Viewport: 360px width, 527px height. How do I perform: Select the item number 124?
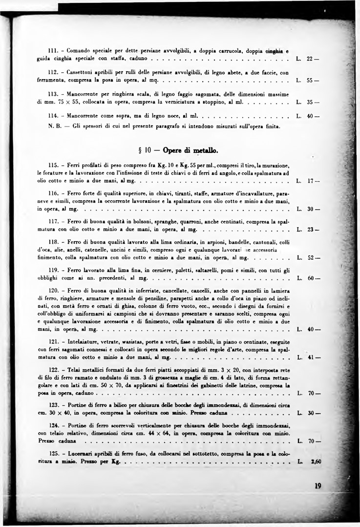(54, 425)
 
